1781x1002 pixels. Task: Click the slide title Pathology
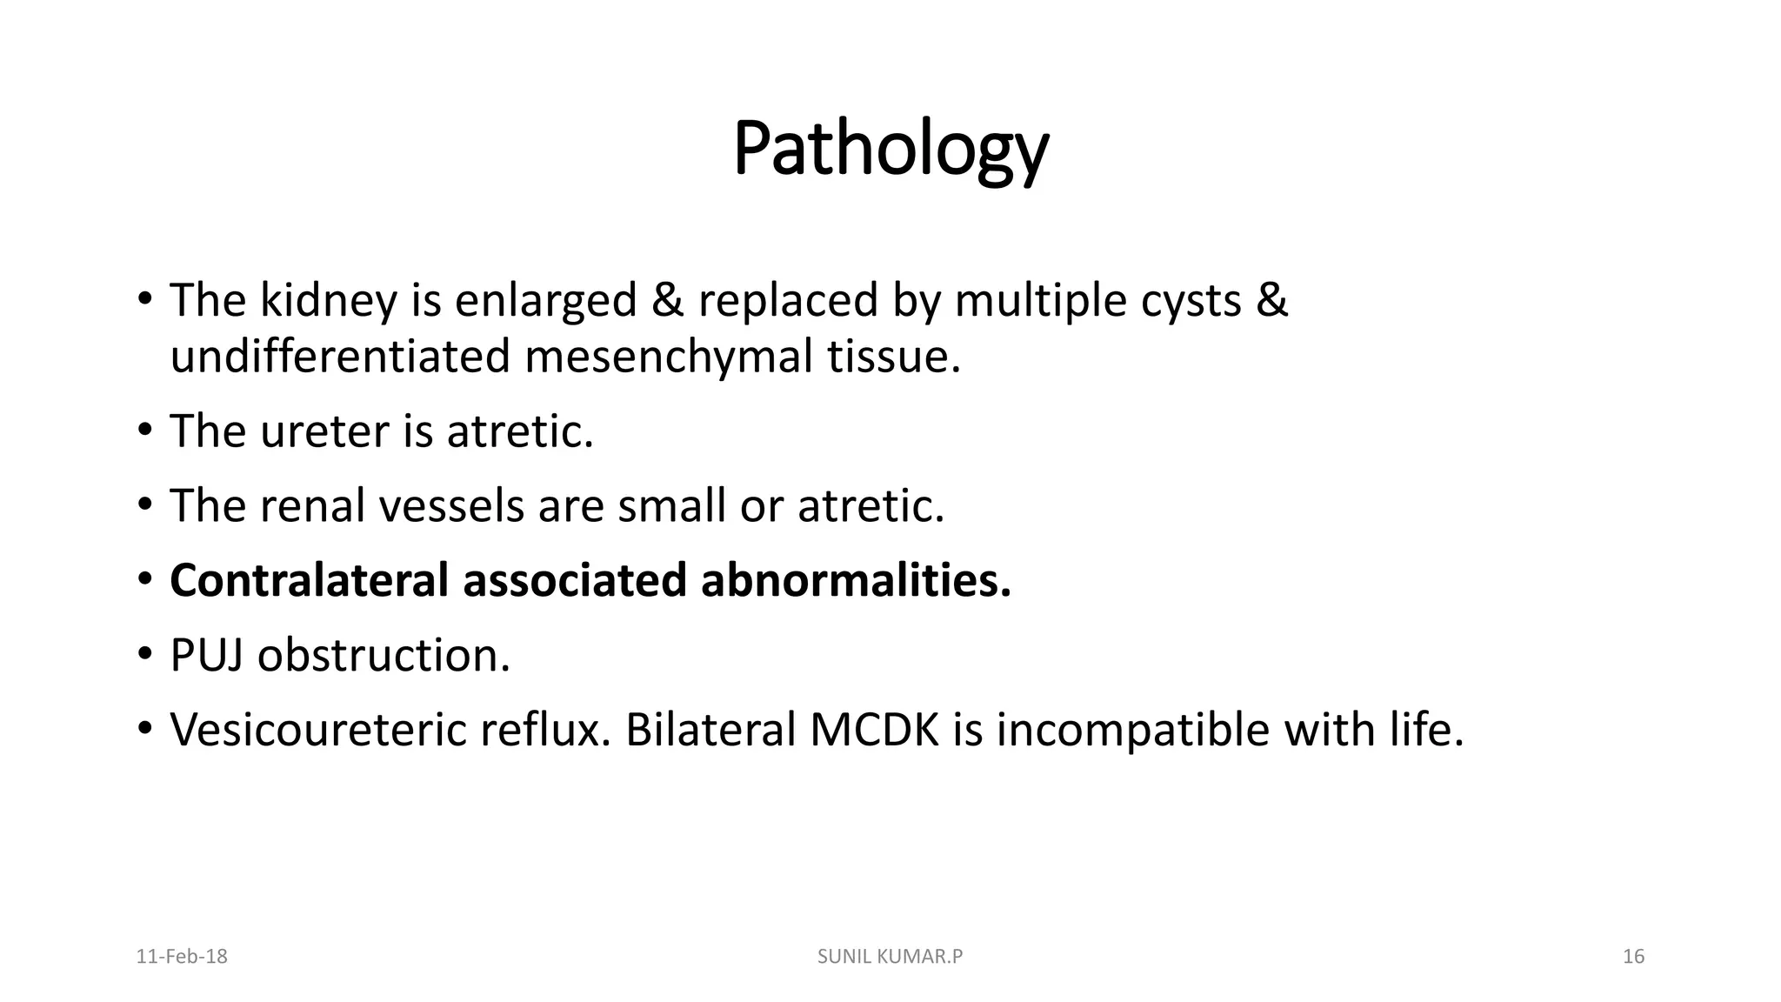pyautogui.click(x=890, y=150)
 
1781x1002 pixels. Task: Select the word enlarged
pyautogui.click(x=546, y=301)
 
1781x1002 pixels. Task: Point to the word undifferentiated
pyautogui.click(x=340, y=357)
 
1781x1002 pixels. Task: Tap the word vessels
pyautogui.click(x=451, y=506)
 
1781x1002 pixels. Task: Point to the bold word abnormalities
pyautogui.click(x=856, y=580)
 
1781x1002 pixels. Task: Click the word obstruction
pyautogui.click(x=384, y=655)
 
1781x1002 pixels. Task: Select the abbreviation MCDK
pyautogui.click(x=874, y=730)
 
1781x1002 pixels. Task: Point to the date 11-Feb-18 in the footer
pyautogui.click(x=182, y=957)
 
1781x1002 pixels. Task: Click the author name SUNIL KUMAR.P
pyautogui.click(x=890, y=957)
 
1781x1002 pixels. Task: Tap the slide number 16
pyautogui.click(x=1633, y=957)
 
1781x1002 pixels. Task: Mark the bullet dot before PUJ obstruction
pyautogui.click(x=144, y=654)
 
